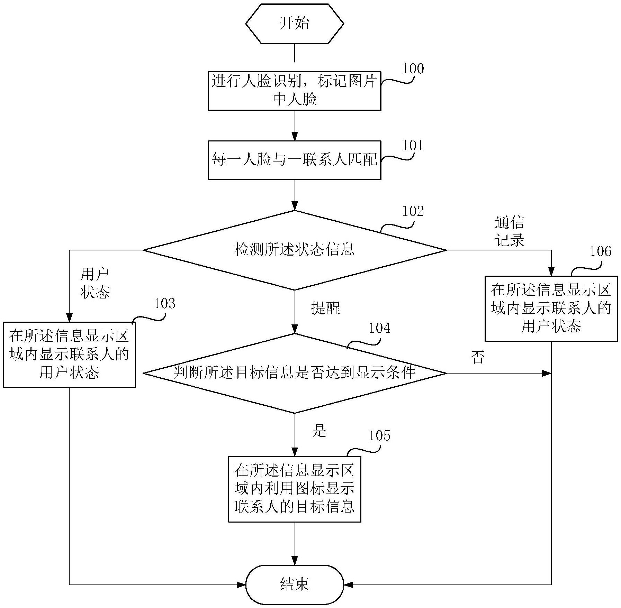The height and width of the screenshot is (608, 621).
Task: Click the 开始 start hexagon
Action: tap(294, 24)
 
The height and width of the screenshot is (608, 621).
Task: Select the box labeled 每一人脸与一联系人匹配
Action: tap(294, 160)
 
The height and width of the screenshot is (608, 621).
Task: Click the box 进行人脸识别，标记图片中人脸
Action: tap(294, 91)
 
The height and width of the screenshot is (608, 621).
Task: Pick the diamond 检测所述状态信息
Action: tap(294, 250)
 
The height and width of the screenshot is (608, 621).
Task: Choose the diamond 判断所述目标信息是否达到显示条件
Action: tap(294, 373)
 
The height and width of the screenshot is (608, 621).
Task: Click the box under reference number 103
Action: tap(69, 354)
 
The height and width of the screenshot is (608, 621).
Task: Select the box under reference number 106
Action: tap(551, 308)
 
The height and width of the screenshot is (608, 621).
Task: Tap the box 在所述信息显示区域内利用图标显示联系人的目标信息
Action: tap(294, 489)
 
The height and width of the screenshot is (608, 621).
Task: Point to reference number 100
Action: tap(413, 69)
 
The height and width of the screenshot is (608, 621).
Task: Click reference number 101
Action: tap(413, 146)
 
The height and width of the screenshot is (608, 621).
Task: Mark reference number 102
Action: tap(413, 211)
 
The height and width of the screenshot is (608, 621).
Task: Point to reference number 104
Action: tap(379, 328)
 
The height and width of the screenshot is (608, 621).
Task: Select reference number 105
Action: tap(379, 435)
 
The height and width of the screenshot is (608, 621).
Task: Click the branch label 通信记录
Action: tap(510, 231)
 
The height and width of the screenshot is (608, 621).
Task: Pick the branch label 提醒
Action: tap(325, 308)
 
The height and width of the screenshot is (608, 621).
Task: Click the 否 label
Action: tap(478, 357)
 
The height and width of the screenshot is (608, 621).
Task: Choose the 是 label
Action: tap(319, 431)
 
